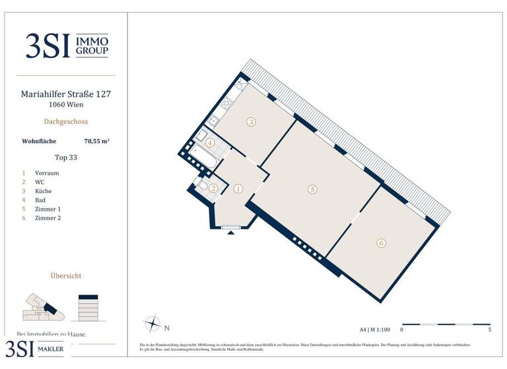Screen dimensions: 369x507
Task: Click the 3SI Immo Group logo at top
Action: point(67,45)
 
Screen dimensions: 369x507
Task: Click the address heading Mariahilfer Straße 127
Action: point(66,94)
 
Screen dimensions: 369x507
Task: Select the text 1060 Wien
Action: point(66,105)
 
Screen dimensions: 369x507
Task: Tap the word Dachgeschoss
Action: point(66,122)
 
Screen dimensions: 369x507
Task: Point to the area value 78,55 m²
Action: point(96,141)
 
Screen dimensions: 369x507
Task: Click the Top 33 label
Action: point(66,157)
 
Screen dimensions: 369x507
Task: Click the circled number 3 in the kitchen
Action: point(252,121)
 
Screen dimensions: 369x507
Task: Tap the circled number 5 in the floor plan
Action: point(312,189)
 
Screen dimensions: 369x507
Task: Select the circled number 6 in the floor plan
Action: point(381,243)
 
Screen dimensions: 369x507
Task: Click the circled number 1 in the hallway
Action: point(238,188)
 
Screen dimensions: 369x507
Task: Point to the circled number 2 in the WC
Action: point(213,188)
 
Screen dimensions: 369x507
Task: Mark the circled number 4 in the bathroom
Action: point(210,142)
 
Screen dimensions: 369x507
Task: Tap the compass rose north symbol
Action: point(152,324)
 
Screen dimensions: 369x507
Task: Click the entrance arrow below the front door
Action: point(230,234)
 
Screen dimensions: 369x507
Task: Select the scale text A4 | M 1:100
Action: point(376,329)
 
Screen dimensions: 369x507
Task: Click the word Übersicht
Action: point(66,276)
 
